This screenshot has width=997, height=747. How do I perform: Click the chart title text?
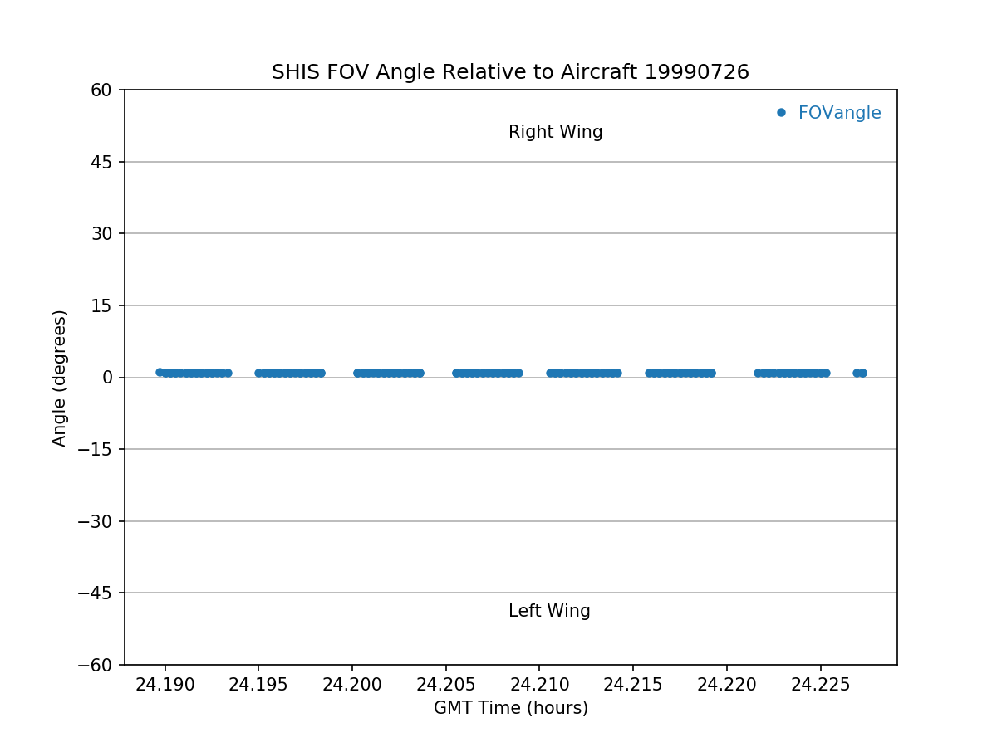[510, 72]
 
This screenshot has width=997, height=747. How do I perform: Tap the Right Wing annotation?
[555, 132]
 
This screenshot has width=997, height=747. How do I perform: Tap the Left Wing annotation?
[549, 612]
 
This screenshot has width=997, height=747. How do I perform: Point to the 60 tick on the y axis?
[101, 90]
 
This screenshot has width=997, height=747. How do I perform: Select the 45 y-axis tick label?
[101, 162]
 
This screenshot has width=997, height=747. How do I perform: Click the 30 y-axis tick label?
[101, 233]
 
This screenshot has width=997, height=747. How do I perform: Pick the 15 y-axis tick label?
[101, 305]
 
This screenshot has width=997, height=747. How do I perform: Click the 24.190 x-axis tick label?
[165, 685]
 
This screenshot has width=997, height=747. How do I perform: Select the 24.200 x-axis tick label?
[351, 685]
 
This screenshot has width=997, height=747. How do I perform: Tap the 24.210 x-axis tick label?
[539, 685]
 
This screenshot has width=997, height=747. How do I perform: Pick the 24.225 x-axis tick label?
[820, 685]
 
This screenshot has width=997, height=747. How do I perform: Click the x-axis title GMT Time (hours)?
[510, 708]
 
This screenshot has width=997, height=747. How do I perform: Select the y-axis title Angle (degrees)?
[60, 378]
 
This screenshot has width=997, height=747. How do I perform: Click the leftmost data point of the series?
[160, 372]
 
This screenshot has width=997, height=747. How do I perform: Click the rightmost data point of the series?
[862, 373]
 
